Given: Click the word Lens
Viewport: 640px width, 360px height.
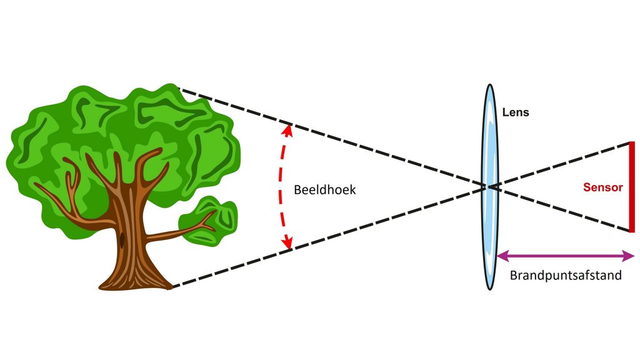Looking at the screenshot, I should point(516,113).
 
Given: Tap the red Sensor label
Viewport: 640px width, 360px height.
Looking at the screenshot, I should point(602,187).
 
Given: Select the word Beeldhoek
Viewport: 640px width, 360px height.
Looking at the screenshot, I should point(324,189).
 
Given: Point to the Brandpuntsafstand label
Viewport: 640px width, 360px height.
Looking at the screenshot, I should point(566,275).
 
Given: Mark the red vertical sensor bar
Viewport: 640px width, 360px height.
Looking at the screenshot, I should point(632,187).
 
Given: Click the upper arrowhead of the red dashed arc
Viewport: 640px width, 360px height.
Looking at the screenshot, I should point(288,129).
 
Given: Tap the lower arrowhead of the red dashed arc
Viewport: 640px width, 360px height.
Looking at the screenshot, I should point(288,245).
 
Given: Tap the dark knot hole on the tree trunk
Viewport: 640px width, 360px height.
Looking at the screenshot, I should point(122,238).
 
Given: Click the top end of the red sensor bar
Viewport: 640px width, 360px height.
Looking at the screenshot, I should point(632,143).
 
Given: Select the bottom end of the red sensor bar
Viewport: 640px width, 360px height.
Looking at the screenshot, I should point(632,231).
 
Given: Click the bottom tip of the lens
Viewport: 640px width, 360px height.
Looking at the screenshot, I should point(490,289).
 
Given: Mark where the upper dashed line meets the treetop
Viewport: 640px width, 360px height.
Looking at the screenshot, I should point(179,89).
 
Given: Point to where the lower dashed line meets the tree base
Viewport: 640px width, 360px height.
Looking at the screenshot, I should point(171,287).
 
